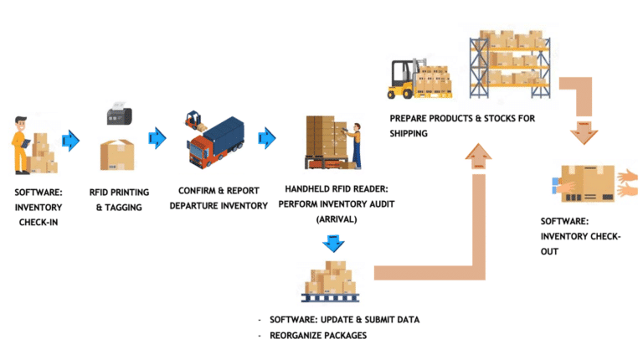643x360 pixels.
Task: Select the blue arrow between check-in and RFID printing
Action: tap(72, 139)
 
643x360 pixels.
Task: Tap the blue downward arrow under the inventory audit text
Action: tap(333, 244)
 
